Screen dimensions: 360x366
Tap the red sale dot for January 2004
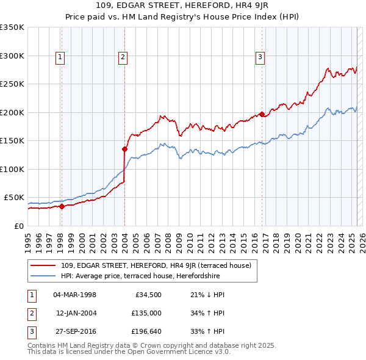tap(124, 148)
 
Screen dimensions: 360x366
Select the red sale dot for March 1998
tap(62, 206)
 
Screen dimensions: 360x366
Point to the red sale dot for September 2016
tap(262, 114)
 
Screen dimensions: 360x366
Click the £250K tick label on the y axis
tap(12, 84)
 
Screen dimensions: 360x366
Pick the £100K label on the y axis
tap(12, 169)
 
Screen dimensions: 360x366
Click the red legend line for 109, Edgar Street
tap(43, 265)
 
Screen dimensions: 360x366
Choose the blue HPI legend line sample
tap(43, 275)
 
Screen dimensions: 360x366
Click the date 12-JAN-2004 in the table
tap(76, 314)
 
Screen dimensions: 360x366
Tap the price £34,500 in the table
tap(146, 295)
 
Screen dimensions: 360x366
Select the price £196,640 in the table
tap(146, 332)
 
